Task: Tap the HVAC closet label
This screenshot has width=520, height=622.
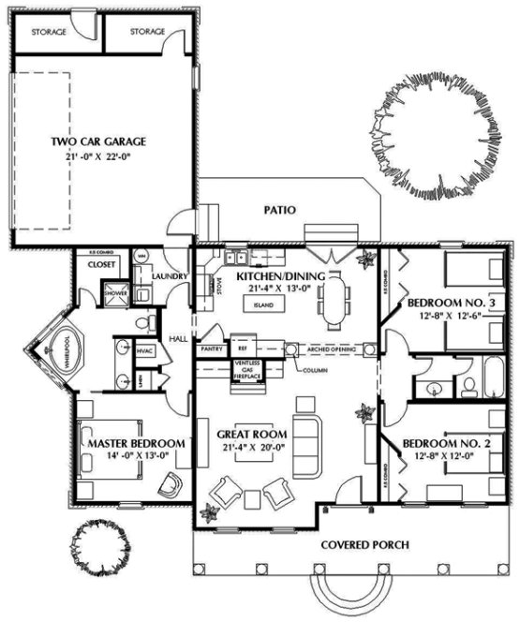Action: click(x=144, y=350)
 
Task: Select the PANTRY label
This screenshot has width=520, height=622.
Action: click(x=210, y=348)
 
